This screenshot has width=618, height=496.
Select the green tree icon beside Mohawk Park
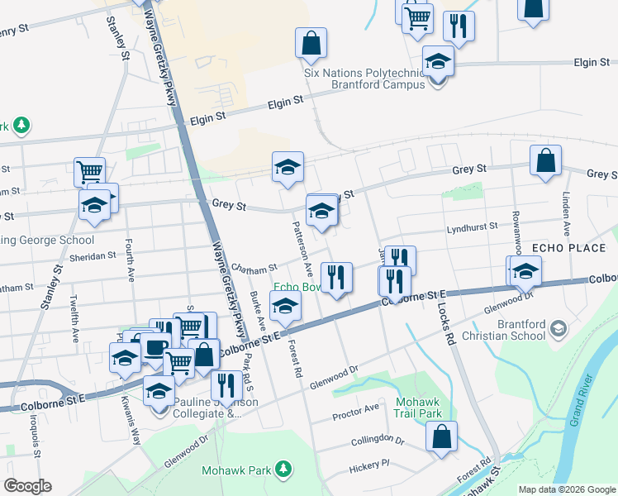pos(283,470)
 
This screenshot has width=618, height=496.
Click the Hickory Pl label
pos(368,465)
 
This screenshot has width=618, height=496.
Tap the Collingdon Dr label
pos(377,441)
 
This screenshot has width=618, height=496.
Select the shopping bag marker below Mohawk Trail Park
pos(442,436)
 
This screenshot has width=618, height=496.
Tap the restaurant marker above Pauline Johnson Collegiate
pos(225,384)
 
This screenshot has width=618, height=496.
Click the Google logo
pos(27,486)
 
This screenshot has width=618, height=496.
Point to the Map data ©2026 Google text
pos(566,489)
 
